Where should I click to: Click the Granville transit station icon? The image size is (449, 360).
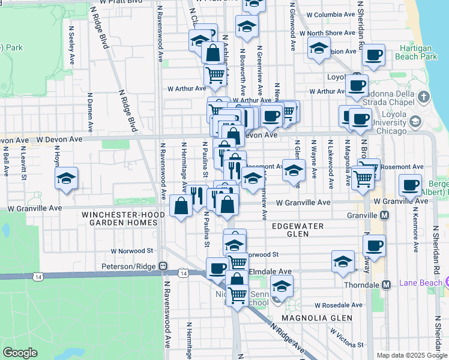385,215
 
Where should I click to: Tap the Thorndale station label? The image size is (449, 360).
364,284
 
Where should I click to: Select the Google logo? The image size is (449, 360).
20,353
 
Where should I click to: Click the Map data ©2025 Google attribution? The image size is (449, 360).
412,355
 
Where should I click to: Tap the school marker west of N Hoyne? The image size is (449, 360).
67,178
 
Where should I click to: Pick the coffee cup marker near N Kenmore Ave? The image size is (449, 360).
410,185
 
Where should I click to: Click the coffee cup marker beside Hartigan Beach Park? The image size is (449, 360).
373,55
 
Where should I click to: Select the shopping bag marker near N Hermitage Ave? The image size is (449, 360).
181,206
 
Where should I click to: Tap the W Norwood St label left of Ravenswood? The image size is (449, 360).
132,251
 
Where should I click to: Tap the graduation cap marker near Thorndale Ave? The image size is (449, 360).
343,262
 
